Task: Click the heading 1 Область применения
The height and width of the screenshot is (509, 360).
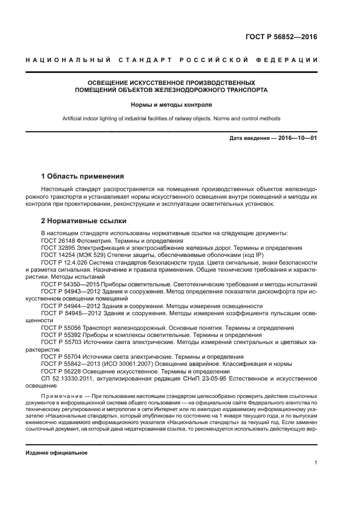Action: point(82,176)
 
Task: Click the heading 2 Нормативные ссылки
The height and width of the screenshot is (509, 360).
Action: point(84,221)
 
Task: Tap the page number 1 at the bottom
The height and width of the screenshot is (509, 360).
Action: point(315,463)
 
